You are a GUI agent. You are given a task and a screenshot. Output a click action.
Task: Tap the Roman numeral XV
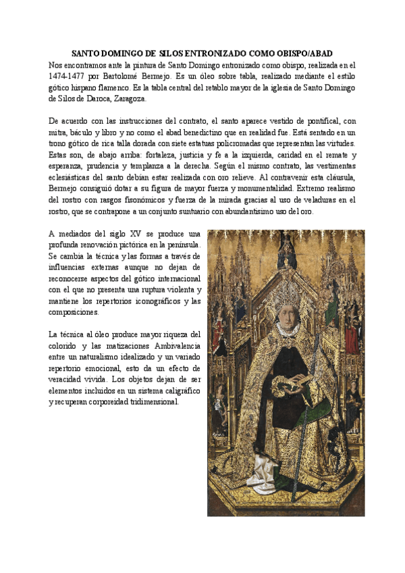point(128,234)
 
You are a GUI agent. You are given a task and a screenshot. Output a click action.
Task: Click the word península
point(180,245)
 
